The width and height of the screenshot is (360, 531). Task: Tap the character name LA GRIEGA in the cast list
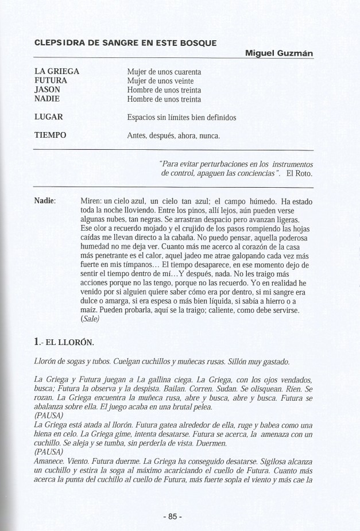tap(57, 72)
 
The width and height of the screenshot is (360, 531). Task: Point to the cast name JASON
tap(48, 90)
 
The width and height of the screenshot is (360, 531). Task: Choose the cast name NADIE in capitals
tap(48, 99)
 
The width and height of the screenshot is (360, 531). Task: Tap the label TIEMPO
tap(51, 135)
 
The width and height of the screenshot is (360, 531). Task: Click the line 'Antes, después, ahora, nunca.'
tap(173, 136)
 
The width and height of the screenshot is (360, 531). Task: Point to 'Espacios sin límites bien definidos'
tap(181, 118)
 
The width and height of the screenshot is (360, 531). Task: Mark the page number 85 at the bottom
tap(172, 516)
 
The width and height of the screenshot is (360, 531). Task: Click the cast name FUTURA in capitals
tap(51, 81)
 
